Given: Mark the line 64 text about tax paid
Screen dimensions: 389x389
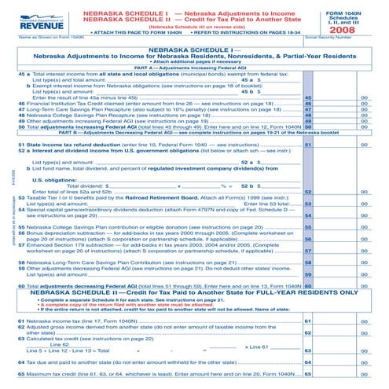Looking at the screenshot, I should click(141, 361).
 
